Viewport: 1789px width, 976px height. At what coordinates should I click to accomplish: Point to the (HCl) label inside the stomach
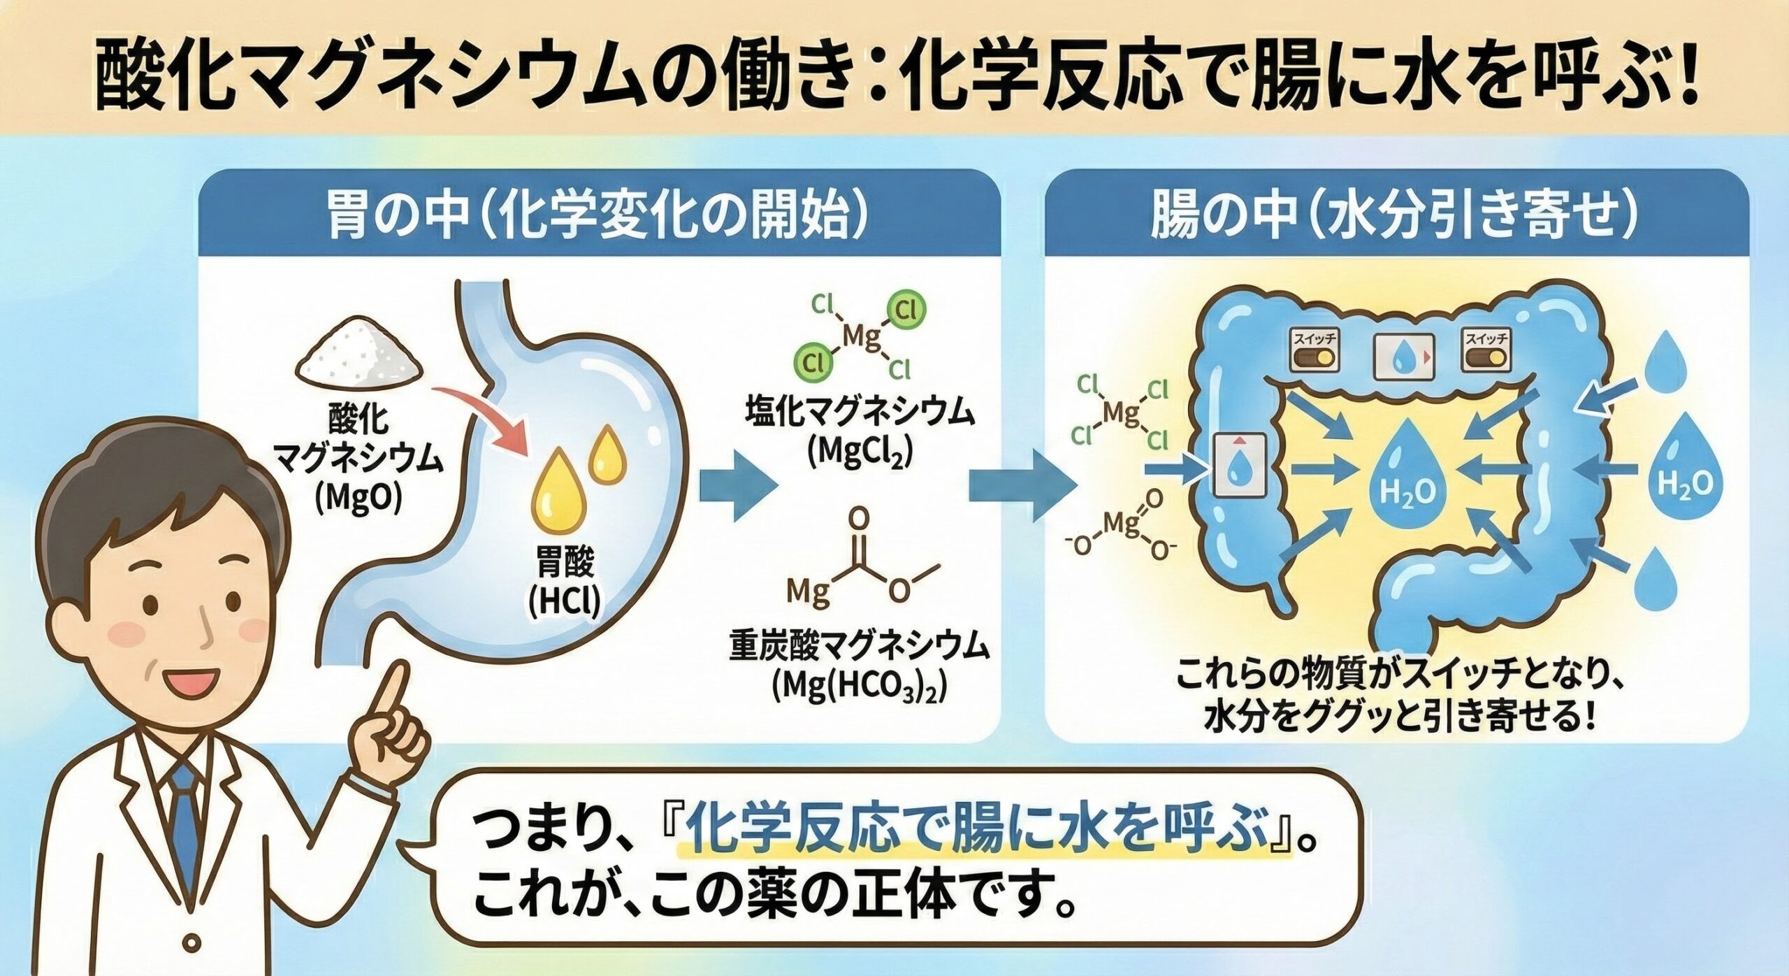click(x=565, y=603)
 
